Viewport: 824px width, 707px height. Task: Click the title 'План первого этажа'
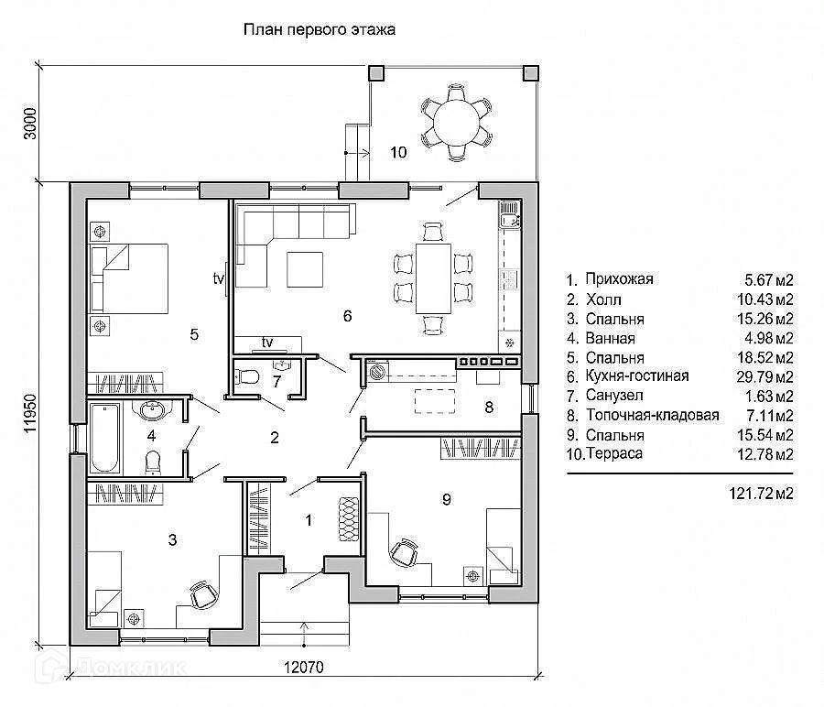[318, 29]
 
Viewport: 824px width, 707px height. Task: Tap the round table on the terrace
[455, 118]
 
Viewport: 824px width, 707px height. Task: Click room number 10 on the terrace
[397, 152]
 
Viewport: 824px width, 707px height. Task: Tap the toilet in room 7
[245, 375]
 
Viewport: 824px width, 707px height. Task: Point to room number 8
[489, 407]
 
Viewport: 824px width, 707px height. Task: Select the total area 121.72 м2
[755, 494]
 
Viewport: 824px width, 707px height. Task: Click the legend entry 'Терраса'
[613, 453]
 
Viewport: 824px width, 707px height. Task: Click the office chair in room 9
[400, 553]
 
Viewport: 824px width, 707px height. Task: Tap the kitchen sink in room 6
[508, 219]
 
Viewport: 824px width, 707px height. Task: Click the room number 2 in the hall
[274, 437]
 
